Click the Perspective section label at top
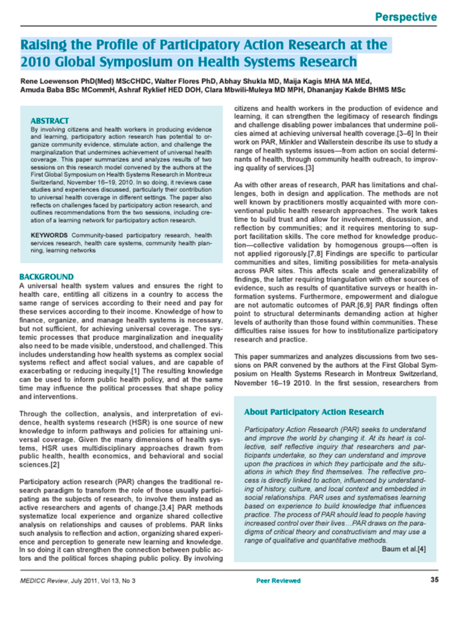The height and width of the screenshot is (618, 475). tap(406, 16)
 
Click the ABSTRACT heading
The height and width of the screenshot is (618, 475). tap(49, 121)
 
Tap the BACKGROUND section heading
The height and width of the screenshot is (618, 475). tap(46, 277)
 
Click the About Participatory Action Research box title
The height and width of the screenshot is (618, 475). tap(313, 412)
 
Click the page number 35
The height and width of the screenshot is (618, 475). tap(434, 597)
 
